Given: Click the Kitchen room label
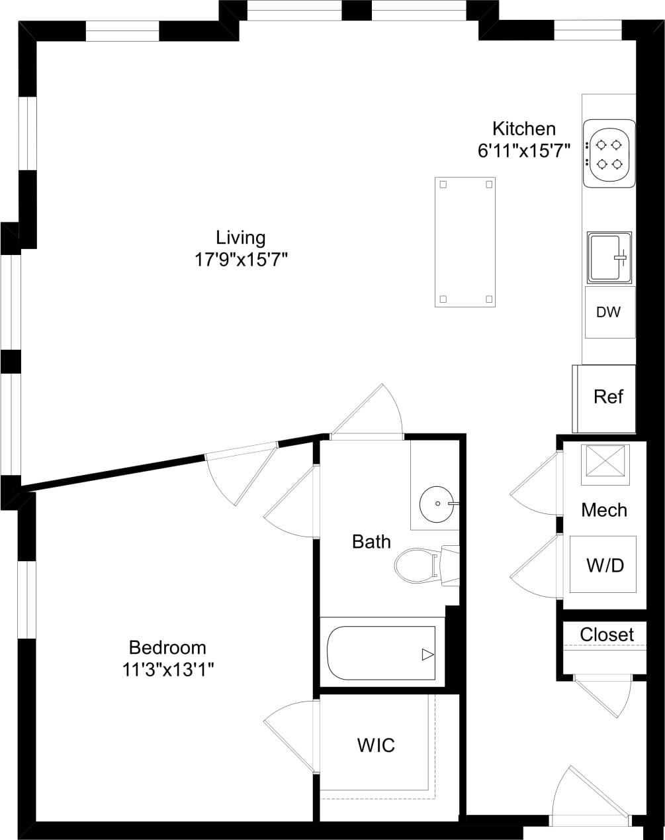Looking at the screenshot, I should (x=523, y=129).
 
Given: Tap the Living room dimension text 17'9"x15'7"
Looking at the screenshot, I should (x=241, y=258).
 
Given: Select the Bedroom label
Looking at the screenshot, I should (x=167, y=647).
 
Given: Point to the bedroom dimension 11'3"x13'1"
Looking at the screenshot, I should (x=167, y=669).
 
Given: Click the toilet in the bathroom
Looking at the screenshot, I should (x=417, y=565).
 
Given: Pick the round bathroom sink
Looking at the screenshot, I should (x=437, y=503).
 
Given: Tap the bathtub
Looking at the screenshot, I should (x=381, y=653).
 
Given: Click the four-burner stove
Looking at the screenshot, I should (x=609, y=154).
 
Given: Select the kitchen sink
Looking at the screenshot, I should (x=609, y=257).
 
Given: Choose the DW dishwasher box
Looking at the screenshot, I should (x=609, y=312).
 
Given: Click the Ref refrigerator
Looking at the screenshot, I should (x=607, y=397).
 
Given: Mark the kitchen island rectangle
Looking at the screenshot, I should (x=465, y=242).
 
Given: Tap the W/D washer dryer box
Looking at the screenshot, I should (x=603, y=565).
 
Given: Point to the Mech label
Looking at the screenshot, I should (x=603, y=510).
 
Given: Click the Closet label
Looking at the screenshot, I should (x=606, y=635).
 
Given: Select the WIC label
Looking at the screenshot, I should (x=376, y=745).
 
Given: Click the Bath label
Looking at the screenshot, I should (x=371, y=542).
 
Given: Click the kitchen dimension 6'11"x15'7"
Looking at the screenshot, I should (x=523, y=150).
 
